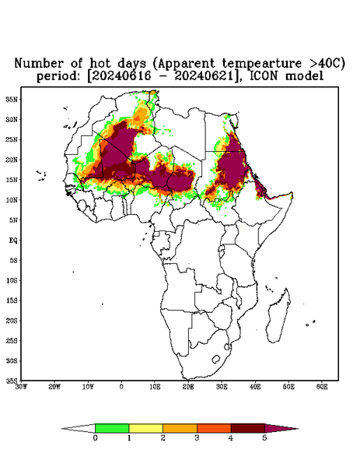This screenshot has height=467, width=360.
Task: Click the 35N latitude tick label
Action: [x=12, y=99]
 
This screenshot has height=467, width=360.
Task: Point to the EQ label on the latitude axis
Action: [x=13, y=240]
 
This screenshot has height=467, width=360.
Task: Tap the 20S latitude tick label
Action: [x=12, y=321]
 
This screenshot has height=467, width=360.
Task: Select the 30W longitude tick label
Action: [x=21, y=387]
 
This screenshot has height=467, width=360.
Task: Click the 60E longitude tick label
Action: [x=322, y=387]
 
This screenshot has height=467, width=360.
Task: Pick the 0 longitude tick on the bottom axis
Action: [x=121, y=387]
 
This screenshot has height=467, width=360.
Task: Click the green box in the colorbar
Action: [x=112, y=428]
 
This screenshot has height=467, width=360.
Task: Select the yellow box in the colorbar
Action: [x=145, y=428]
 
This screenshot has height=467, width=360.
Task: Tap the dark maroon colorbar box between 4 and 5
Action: [x=248, y=428]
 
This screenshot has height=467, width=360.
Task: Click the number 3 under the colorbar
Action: [x=197, y=438]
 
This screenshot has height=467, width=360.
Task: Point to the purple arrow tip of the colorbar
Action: [x=298, y=429]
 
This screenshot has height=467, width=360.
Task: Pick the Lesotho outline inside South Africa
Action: [x=215, y=359]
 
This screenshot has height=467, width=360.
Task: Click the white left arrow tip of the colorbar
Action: [x=62, y=429]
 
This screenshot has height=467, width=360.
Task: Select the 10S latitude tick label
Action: [x=12, y=280]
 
